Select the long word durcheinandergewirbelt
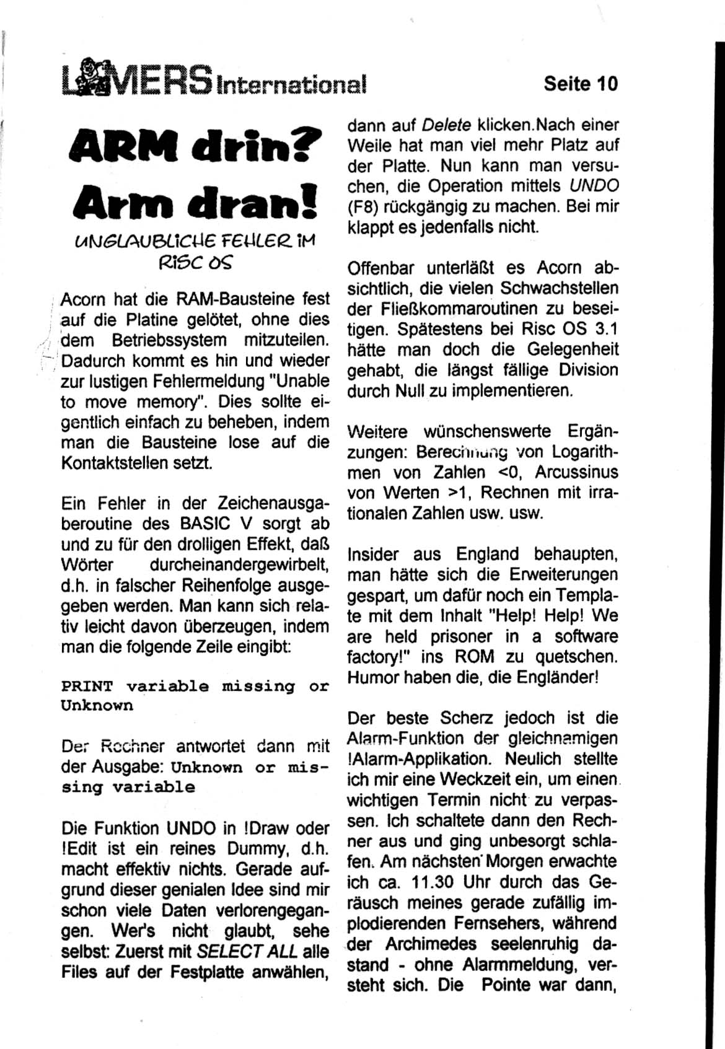pos(239,565)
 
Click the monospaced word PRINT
pos(87,687)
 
